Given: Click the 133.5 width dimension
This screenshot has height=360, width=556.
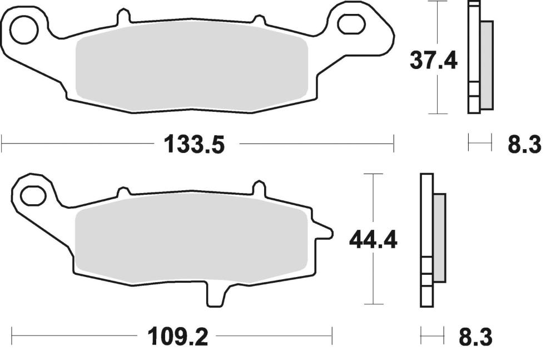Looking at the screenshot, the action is pyautogui.click(x=194, y=145).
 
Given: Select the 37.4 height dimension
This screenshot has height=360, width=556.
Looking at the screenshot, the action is pyautogui.click(x=433, y=60).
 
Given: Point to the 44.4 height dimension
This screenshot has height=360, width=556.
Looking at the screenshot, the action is pyautogui.click(x=374, y=240).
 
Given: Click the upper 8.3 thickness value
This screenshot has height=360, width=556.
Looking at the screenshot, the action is pyautogui.click(x=524, y=145).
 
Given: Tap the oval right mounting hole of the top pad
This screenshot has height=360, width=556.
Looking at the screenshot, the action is pyautogui.click(x=351, y=24).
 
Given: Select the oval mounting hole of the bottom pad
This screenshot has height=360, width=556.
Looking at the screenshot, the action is pyautogui.click(x=34, y=196).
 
